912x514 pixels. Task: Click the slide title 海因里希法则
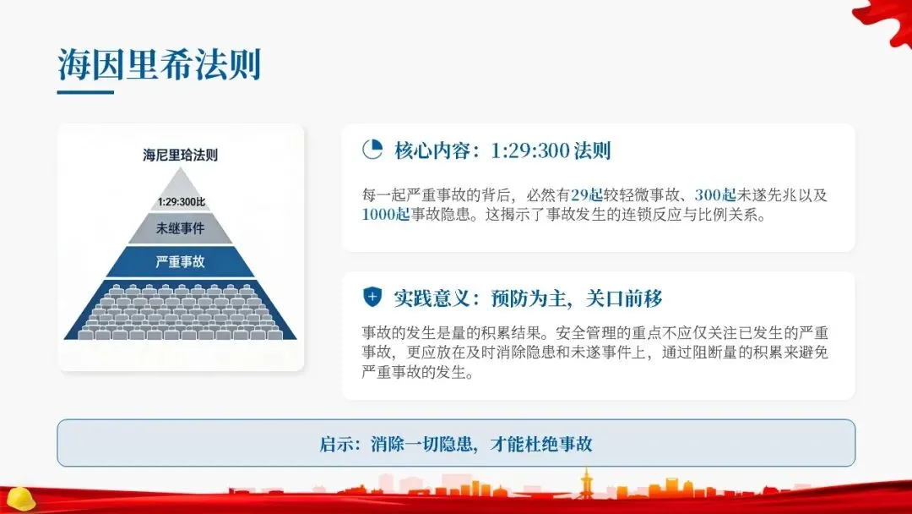[160, 65]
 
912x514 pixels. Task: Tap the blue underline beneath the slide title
[85, 92]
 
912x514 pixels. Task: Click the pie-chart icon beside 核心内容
[372, 150]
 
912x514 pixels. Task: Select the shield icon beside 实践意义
[372, 298]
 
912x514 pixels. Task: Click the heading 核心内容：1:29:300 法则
[502, 151]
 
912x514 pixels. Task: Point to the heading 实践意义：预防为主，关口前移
[528, 298]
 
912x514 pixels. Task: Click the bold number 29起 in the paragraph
[587, 194]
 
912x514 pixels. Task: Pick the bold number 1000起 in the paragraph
[386, 215]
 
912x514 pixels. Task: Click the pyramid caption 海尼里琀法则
[181, 156]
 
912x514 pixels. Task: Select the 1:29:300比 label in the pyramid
[181, 202]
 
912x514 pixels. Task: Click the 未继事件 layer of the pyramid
[181, 228]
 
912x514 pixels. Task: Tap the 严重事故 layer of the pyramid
[181, 262]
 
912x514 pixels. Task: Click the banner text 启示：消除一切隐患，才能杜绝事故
[456, 444]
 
